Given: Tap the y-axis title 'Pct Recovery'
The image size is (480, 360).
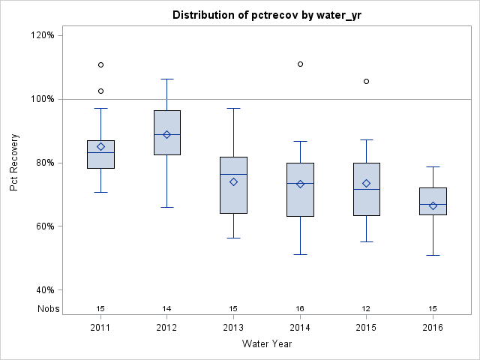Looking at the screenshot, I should point(14,162).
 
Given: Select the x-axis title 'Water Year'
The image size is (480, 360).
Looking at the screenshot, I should point(267,344).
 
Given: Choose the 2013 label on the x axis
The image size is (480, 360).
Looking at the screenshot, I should point(233,328).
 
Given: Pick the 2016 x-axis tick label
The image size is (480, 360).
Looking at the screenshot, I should point(433,328).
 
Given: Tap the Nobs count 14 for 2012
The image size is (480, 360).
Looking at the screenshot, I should point(167,308).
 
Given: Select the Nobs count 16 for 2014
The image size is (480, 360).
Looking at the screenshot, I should point(300,308).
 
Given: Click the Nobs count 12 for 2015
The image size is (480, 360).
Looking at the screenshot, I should point(366,308).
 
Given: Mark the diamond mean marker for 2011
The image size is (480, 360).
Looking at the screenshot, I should point(100,147).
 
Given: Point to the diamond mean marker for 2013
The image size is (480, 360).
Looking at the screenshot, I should point(233,181).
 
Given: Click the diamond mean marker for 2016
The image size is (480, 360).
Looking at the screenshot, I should point(433,205).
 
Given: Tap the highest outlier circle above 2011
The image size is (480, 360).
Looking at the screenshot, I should point(100,64).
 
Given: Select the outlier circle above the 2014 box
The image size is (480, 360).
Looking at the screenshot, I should point(300,64).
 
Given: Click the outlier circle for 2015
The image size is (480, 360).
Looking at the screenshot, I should point(366,81).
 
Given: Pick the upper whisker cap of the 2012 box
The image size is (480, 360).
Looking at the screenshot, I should point(167,79).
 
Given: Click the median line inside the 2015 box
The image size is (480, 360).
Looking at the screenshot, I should point(366,190).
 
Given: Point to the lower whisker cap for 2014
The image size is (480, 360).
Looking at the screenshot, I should point(300,254).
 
